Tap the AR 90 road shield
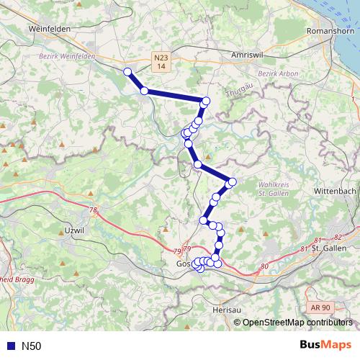321,307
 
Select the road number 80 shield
264,266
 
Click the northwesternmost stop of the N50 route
127,71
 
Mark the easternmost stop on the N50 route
232,181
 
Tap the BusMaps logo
321,346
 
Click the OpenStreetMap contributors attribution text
294,322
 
